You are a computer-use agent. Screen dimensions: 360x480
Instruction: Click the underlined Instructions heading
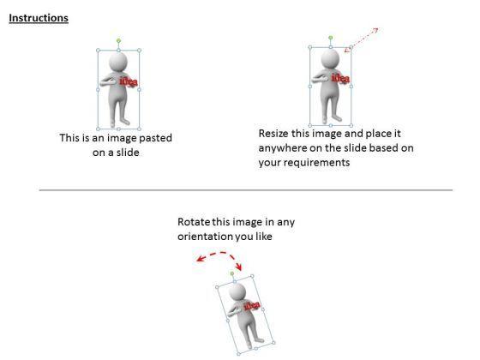point(38,18)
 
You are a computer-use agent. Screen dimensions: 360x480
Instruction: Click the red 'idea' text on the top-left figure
point(129,82)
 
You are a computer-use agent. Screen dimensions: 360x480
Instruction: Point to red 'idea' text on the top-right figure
point(340,79)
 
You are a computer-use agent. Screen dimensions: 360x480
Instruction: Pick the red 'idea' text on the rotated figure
point(251,306)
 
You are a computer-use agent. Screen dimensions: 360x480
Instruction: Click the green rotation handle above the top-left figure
point(118,39)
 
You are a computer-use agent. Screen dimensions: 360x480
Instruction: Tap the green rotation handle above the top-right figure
point(330,38)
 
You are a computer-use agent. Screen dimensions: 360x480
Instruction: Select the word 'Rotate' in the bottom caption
point(195,222)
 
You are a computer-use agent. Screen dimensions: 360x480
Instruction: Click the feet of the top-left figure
point(118,119)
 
